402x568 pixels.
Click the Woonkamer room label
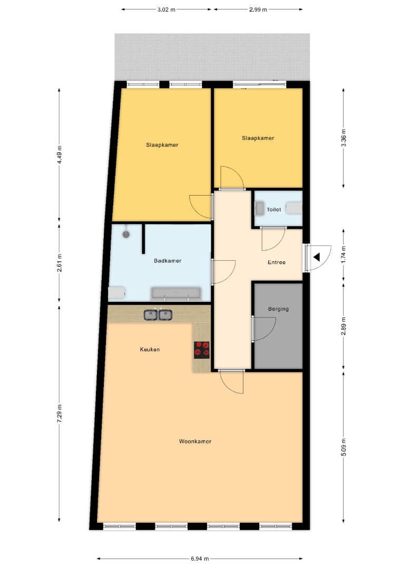[x=195, y=441]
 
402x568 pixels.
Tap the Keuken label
[x=150, y=349]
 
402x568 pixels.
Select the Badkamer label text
[x=167, y=260]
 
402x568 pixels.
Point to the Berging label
[x=278, y=309]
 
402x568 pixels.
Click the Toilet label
[x=274, y=209]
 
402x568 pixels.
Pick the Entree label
[x=277, y=262]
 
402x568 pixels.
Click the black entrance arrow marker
[x=317, y=257]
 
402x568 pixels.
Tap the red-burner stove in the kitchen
[x=201, y=350]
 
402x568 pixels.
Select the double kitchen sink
[x=158, y=315]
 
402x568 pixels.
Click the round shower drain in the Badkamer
[x=126, y=234]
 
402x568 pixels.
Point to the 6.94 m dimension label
[x=200, y=559]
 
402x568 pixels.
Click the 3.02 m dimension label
[x=166, y=10]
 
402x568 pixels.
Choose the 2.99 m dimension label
[x=258, y=10]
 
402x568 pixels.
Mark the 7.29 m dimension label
[x=60, y=413]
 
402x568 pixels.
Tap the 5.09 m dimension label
[x=343, y=447]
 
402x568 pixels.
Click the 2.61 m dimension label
[x=60, y=262]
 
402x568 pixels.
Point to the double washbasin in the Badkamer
[x=177, y=294]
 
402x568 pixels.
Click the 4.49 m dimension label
[x=60, y=154]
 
